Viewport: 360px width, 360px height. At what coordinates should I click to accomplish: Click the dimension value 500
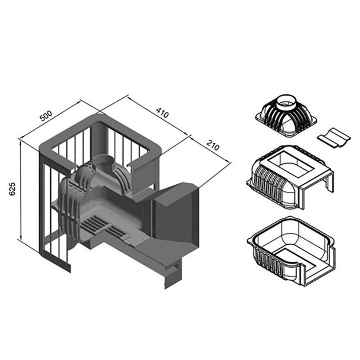click(x=46, y=116)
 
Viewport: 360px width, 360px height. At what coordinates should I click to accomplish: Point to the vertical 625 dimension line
click(x=21, y=191)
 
